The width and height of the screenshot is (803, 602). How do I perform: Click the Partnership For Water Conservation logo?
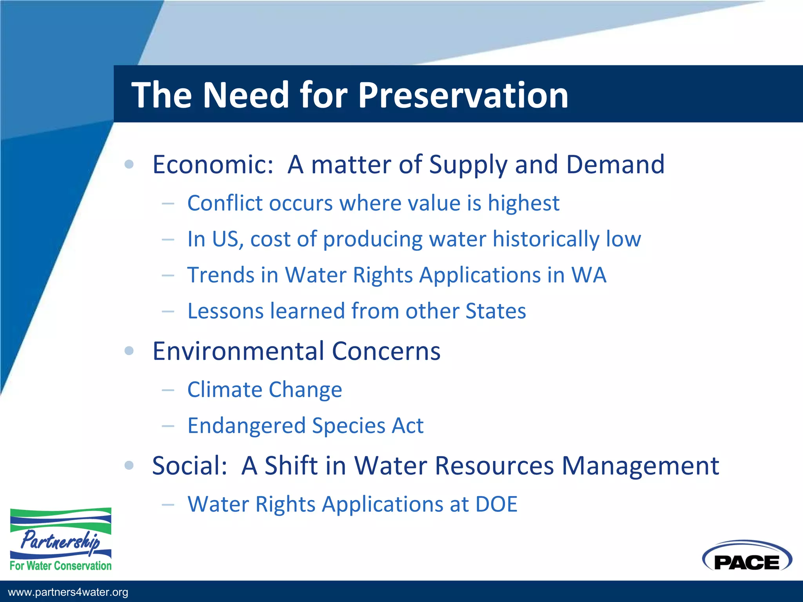pyautogui.click(x=61, y=539)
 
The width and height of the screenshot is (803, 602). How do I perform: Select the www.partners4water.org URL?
pyautogui.click(x=68, y=592)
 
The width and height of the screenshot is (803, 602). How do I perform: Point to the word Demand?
pyautogui.click(x=615, y=165)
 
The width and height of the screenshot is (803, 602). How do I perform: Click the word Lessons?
pyautogui.click(x=225, y=311)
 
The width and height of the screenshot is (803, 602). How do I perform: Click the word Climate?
pyautogui.click(x=225, y=390)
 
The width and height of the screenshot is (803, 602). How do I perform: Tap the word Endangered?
pyautogui.click(x=246, y=426)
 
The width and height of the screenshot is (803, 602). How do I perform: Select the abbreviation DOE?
pyautogui.click(x=496, y=504)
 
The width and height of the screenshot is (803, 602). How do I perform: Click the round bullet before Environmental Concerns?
pyautogui.click(x=129, y=351)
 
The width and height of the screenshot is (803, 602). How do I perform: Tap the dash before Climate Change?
pyautogui.click(x=168, y=390)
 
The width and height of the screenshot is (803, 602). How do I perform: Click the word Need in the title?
pyautogui.click(x=246, y=95)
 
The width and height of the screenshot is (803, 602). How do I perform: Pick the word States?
pyautogui.click(x=495, y=311)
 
